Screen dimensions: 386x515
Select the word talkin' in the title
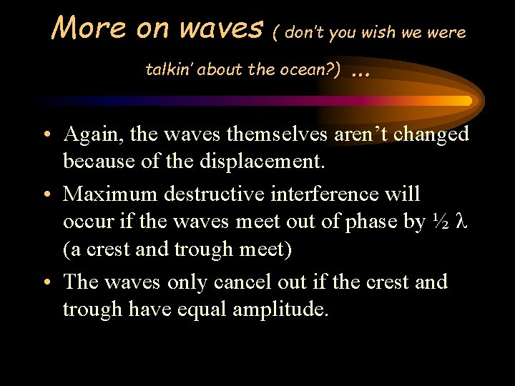tap(169, 69)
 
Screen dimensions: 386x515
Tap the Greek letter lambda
tap(461, 222)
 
